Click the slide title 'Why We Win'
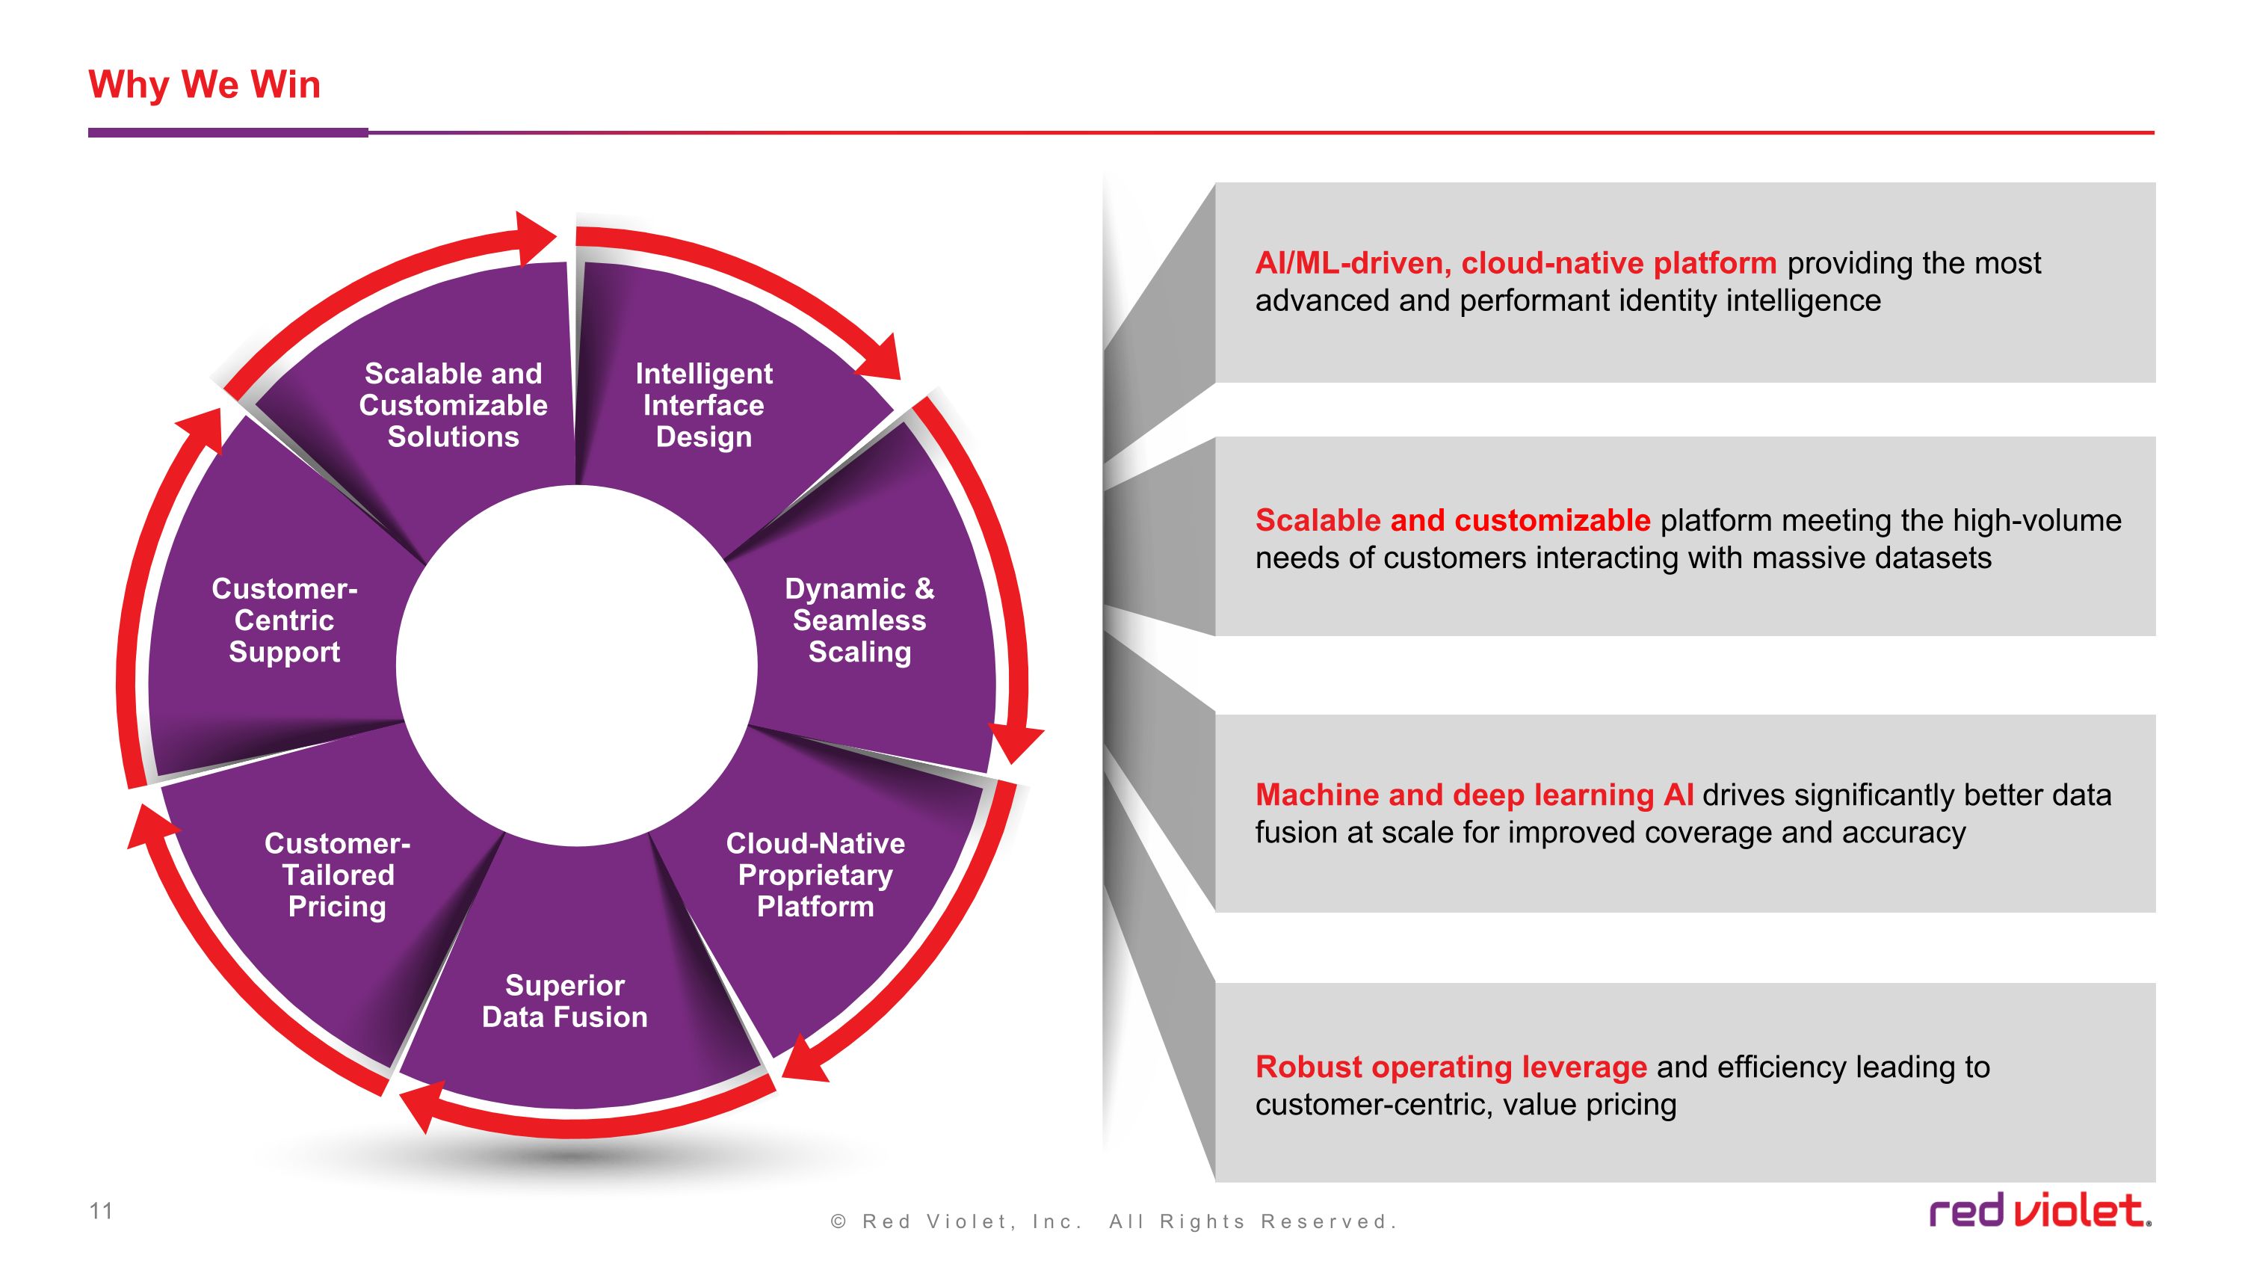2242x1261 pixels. (205, 85)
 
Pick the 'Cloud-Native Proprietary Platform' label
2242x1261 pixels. (815, 875)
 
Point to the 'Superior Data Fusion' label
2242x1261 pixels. (565, 1001)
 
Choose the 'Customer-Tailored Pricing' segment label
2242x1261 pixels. (338, 875)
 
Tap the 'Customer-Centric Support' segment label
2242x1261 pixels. (285, 620)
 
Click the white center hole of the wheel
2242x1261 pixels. (576, 666)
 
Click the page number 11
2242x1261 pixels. (101, 1210)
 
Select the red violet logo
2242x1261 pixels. (2040, 1210)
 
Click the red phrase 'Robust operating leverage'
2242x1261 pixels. (1451, 1067)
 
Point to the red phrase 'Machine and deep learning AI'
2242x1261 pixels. (1474, 795)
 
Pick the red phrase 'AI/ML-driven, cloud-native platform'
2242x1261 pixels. (1516, 263)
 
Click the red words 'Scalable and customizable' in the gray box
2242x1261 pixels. (1453, 520)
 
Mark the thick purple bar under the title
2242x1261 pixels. (228, 133)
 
